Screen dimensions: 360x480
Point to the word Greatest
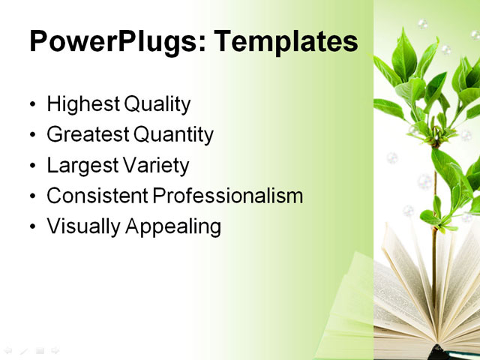[86, 135]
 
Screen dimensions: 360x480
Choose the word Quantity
[173, 135]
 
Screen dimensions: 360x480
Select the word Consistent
[97, 196]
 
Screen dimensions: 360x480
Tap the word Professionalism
[228, 196]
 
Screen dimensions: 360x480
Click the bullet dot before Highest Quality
[31, 105]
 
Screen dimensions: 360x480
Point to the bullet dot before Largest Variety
[31, 166]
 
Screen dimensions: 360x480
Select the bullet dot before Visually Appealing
[31, 227]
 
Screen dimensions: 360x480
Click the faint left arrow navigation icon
[8, 349]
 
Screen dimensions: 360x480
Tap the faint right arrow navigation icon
[55, 349]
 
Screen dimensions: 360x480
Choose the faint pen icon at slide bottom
[24, 349]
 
